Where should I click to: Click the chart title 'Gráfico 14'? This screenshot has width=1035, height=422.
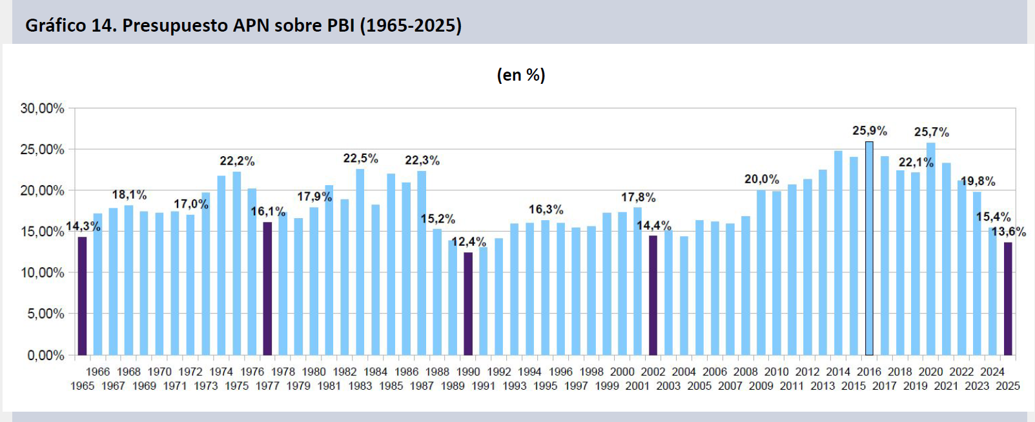(243, 26)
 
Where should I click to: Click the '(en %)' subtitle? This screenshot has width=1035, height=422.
(520, 75)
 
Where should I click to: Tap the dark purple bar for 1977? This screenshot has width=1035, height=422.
(267, 288)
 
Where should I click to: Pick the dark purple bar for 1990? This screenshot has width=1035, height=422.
(468, 303)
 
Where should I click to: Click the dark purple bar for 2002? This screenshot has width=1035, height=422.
(653, 295)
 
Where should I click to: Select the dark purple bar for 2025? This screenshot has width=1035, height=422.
(1008, 298)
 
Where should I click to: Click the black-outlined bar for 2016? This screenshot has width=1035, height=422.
(869, 248)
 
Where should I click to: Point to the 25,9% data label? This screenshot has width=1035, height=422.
(869, 131)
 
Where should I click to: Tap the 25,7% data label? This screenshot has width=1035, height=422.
(931, 132)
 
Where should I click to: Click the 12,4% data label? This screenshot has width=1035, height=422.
(469, 242)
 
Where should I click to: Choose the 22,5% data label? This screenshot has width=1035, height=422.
(360, 159)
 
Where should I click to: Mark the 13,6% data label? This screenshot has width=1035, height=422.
(1009, 232)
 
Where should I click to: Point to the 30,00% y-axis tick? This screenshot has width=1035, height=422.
(43, 108)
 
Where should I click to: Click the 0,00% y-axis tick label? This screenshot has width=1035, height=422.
(46, 355)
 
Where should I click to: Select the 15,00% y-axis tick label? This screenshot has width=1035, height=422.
(43, 232)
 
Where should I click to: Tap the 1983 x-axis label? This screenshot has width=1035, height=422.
(360, 386)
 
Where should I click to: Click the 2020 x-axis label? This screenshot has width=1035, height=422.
(930, 372)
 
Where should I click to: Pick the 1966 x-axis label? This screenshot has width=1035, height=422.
(98, 372)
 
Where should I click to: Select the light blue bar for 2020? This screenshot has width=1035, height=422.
(930, 248)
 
